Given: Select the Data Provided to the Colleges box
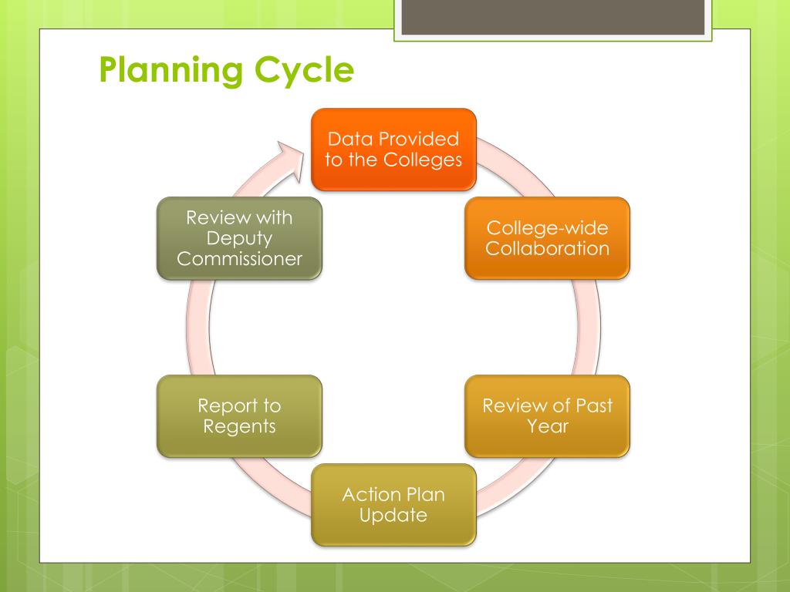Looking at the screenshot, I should pyautogui.click(x=393, y=150).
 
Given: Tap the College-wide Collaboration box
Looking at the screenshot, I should pyautogui.click(x=547, y=238).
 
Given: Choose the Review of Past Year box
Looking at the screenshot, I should pyautogui.click(x=547, y=415).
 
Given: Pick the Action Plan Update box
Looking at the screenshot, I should pyautogui.click(x=393, y=505).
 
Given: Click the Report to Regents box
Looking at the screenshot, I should pyautogui.click(x=239, y=415).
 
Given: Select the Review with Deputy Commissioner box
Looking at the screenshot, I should pyautogui.click(x=239, y=238).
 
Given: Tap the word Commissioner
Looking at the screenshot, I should pyautogui.click(x=239, y=259).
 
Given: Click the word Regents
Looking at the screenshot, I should pyautogui.click(x=239, y=425).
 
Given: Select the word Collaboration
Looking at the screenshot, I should pyautogui.click(x=547, y=248).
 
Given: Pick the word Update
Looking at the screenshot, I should pyautogui.click(x=393, y=515).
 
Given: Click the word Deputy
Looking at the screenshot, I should pyautogui.click(x=239, y=239).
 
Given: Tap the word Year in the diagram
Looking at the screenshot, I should pyautogui.click(x=547, y=425).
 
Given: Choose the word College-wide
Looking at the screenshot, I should pyautogui.click(x=547, y=228).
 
